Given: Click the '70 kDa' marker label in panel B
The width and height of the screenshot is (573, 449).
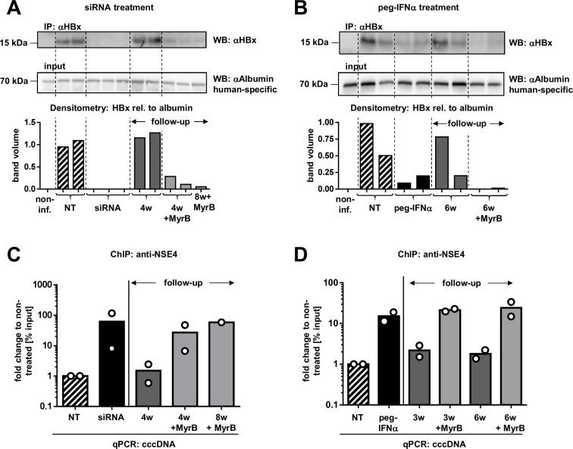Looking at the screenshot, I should point(311,83).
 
